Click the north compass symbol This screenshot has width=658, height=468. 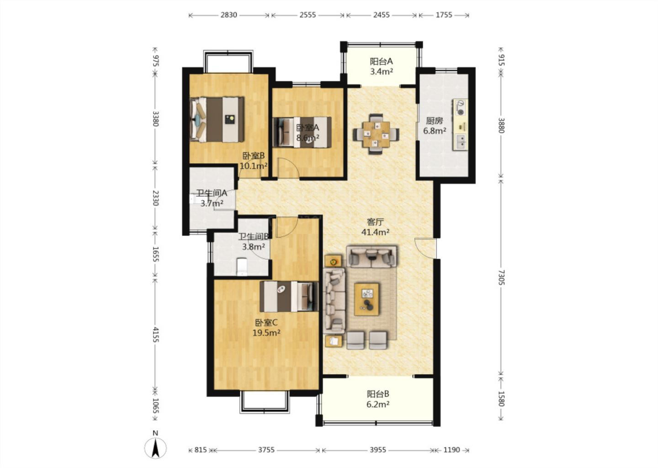[155, 448]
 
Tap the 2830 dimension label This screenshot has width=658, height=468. [229, 15]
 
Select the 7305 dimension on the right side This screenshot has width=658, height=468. [501, 277]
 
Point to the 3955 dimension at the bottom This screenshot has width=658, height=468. [378, 450]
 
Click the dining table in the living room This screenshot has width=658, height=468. [376, 134]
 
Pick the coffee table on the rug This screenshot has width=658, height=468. [366, 299]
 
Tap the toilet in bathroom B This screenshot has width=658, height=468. [242, 267]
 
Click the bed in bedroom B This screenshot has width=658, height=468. [217, 119]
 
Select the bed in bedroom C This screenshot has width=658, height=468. [289, 297]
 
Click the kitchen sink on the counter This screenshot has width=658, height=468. [461, 142]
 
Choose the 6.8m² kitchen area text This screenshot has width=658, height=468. [435, 131]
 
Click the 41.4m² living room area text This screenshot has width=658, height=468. [376, 232]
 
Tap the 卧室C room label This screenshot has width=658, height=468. [266, 323]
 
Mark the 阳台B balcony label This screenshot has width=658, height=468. [378, 394]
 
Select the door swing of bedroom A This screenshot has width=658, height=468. [288, 168]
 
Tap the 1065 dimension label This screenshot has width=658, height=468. [156, 406]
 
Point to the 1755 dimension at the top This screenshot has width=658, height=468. [444, 15]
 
